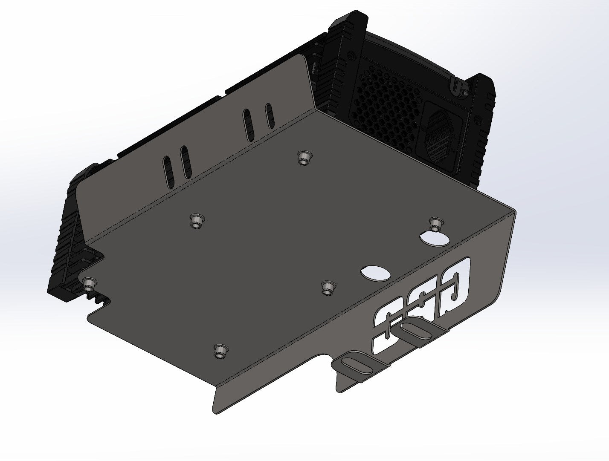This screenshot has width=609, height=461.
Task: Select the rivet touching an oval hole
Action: pos(435,223)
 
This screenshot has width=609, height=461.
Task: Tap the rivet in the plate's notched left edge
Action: pos(89,283)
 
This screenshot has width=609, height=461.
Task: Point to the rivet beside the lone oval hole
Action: pos(327,288)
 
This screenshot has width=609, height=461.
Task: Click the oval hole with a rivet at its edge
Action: pos(434,237)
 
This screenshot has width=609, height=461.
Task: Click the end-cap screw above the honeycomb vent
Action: pos(350,56)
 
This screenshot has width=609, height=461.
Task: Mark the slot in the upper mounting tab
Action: pos(414,330)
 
